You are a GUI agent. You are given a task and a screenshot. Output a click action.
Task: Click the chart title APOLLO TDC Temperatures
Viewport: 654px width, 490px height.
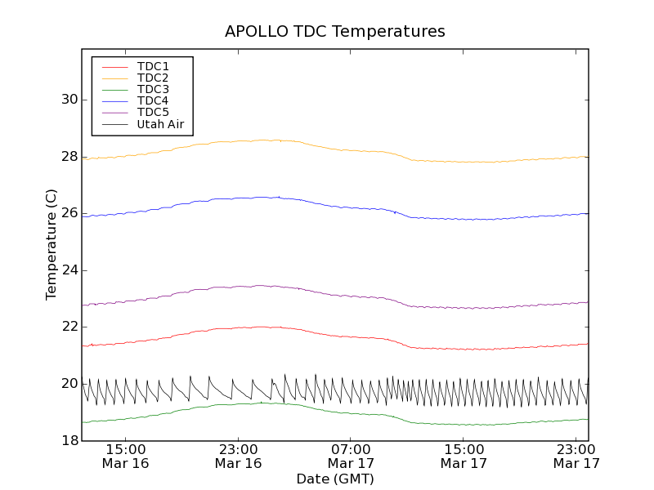[x=335, y=32]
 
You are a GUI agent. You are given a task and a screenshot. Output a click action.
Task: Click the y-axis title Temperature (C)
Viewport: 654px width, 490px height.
[x=52, y=244]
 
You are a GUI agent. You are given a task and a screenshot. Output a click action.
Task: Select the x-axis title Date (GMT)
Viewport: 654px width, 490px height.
[x=335, y=479]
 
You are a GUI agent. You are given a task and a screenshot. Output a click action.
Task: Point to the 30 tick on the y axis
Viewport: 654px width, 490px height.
[x=70, y=100]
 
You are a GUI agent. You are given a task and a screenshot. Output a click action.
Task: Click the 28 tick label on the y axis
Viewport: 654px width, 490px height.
[x=70, y=157]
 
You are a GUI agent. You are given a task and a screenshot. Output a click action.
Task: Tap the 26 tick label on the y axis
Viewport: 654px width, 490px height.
[x=70, y=213]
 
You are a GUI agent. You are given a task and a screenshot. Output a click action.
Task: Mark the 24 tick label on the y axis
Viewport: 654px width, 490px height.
[x=70, y=270]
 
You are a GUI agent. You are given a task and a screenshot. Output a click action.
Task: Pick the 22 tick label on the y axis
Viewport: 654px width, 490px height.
[x=70, y=327]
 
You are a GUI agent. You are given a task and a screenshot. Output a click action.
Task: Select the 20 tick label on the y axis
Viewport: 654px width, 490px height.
[x=70, y=384]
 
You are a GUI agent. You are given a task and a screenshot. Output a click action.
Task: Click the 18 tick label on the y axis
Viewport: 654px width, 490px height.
[x=70, y=441]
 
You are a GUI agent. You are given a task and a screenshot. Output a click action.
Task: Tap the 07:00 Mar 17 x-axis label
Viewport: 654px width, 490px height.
[x=351, y=457]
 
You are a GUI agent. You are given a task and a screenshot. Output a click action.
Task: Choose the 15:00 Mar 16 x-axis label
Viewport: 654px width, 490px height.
[x=125, y=457]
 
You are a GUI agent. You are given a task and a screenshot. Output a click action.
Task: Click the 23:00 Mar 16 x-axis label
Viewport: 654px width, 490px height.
[x=238, y=457]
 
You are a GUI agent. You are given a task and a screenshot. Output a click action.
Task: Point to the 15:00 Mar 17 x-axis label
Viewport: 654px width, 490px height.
[x=464, y=457]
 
